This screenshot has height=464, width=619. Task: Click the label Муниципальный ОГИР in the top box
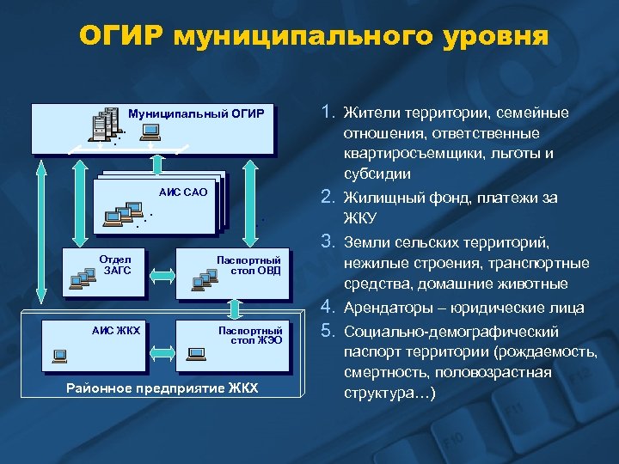tap(195, 113)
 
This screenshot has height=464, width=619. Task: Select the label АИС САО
tap(183, 192)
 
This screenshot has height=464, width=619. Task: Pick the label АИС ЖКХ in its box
tap(116, 330)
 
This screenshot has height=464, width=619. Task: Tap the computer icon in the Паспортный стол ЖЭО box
tap(196, 352)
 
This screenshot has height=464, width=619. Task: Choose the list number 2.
tap(328, 198)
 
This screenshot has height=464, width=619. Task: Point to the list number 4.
tap(328, 307)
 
